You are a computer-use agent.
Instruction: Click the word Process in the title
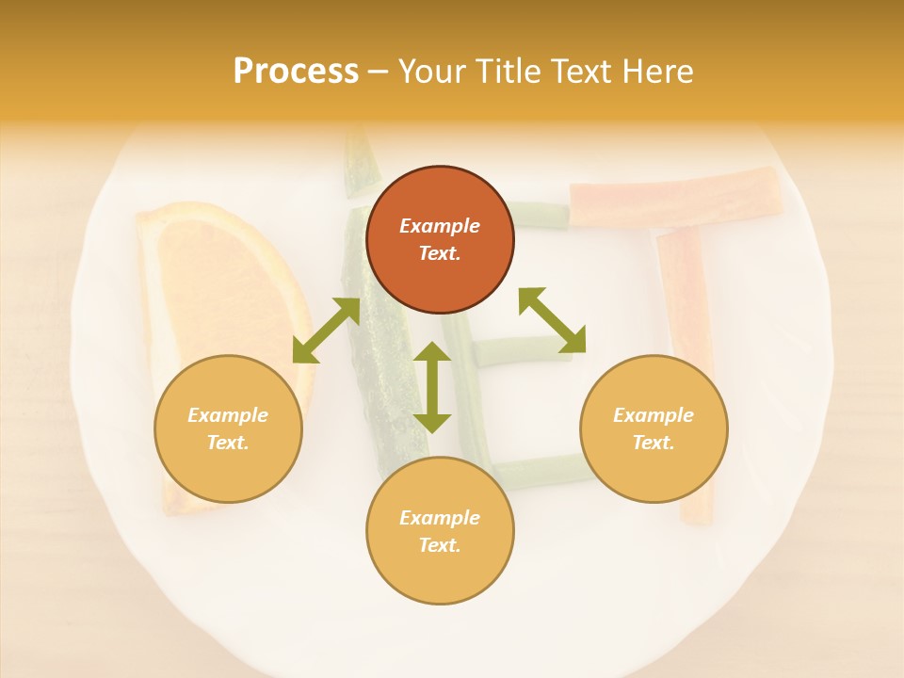pyautogui.click(x=296, y=72)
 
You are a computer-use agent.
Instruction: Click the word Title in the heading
pyautogui.click(x=508, y=72)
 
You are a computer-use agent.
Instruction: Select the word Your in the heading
pyautogui.click(x=431, y=72)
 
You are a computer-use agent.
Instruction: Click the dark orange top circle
pyautogui.click(x=440, y=240)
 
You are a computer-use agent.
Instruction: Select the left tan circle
pyautogui.click(x=228, y=428)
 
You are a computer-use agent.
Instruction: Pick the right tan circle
pyautogui.click(x=654, y=428)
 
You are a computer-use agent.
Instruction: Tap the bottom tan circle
pyautogui.click(x=440, y=531)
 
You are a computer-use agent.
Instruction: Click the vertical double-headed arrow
pyautogui.click(x=432, y=388)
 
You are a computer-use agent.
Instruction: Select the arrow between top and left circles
pyautogui.click(x=326, y=331)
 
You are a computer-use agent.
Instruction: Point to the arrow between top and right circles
pyautogui.click(x=552, y=320)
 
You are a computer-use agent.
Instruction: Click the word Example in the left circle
pyautogui.click(x=228, y=415)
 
